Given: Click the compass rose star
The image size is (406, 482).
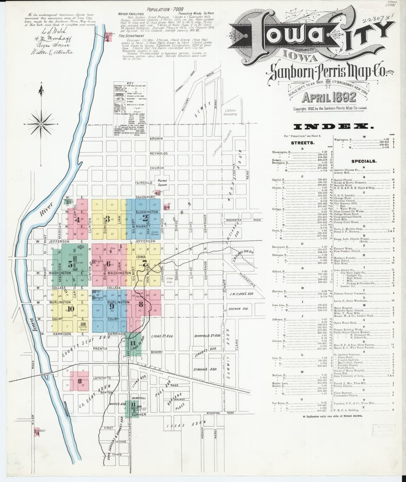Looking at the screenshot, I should [x=41, y=124].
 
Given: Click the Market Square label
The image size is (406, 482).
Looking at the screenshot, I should [x=162, y=183].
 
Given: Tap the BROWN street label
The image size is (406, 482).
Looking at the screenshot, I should [x=156, y=139].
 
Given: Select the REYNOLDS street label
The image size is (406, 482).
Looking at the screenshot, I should [x=158, y=153].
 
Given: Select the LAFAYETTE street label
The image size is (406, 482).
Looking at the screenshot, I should [x=102, y=378].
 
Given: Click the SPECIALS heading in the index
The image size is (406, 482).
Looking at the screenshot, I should [x=363, y=161].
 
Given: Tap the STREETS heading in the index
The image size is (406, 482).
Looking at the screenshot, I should [x=302, y=143].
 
